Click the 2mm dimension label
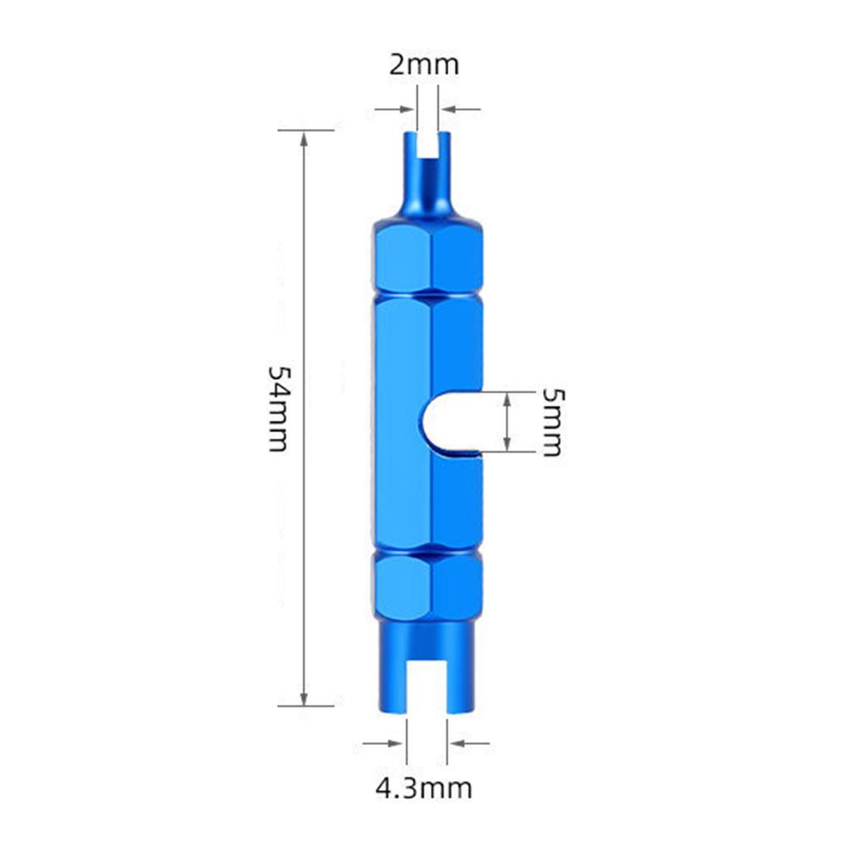pyautogui.click(x=424, y=65)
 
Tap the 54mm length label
pyautogui.click(x=280, y=409)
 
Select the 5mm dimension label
pyautogui.click(x=551, y=422)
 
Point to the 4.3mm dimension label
pyautogui.click(x=424, y=789)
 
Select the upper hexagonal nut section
pyautogui.click(x=427, y=259)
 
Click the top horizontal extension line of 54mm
pyautogui.click(x=305, y=130)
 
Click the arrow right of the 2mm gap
pyautogui.click(x=461, y=108)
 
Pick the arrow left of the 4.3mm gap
pyautogui.click(x=383, y=744)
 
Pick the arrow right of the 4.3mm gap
pyautogui.click(x=470, y=744)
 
